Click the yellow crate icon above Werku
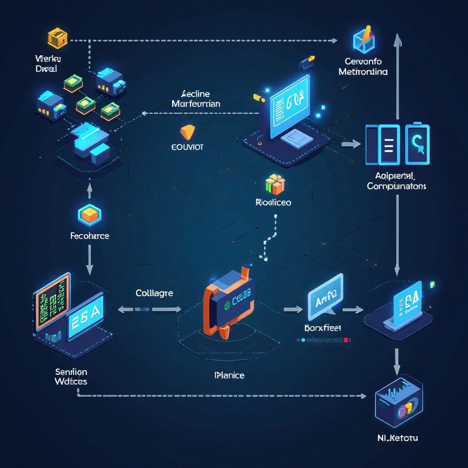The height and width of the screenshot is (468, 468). [x=58, y=38]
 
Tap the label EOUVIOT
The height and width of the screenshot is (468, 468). [x=187, y=148]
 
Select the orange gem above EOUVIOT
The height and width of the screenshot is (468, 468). [x=187, y=131]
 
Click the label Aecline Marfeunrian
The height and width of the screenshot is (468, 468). [x=196, y=99]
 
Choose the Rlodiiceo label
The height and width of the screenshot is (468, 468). [x=273, y=202]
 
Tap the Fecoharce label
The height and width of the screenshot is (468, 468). [x=90, y=236]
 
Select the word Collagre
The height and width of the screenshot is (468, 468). [x=154, y=293]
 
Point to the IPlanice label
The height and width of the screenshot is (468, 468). [x=229, y=375]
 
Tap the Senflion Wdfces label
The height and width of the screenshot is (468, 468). [x=71, y=376]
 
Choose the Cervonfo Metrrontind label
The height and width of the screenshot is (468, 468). [x=363, y=67]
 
